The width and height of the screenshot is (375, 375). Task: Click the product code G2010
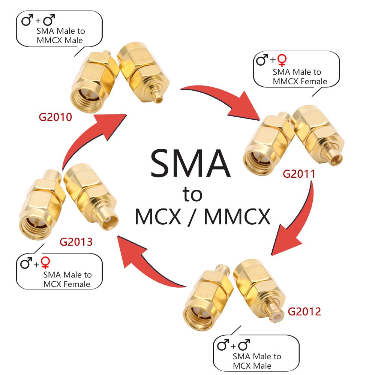[55, 117]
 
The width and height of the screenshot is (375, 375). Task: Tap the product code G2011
[299, 174]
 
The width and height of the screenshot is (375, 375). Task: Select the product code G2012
[304, 312]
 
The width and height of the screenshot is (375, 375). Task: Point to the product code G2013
[76, 242]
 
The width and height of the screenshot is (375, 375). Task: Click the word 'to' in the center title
[192, 194]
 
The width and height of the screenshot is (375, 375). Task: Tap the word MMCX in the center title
[237, 217]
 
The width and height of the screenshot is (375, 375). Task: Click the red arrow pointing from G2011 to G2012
[301, 222]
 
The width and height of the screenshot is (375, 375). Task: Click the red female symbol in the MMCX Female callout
[282, 60]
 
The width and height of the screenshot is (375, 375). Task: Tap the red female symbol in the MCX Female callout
[45, 262]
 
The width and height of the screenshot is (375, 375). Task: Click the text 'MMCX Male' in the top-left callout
[60, 40]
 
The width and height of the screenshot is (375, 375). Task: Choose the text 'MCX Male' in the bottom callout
[252, 366]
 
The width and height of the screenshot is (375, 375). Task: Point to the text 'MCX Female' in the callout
[67, 284]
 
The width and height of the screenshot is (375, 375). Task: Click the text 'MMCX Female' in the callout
[300, 81]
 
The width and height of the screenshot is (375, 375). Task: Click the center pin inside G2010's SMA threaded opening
[87, 97]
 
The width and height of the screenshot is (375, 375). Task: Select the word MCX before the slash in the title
[158, 217]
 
